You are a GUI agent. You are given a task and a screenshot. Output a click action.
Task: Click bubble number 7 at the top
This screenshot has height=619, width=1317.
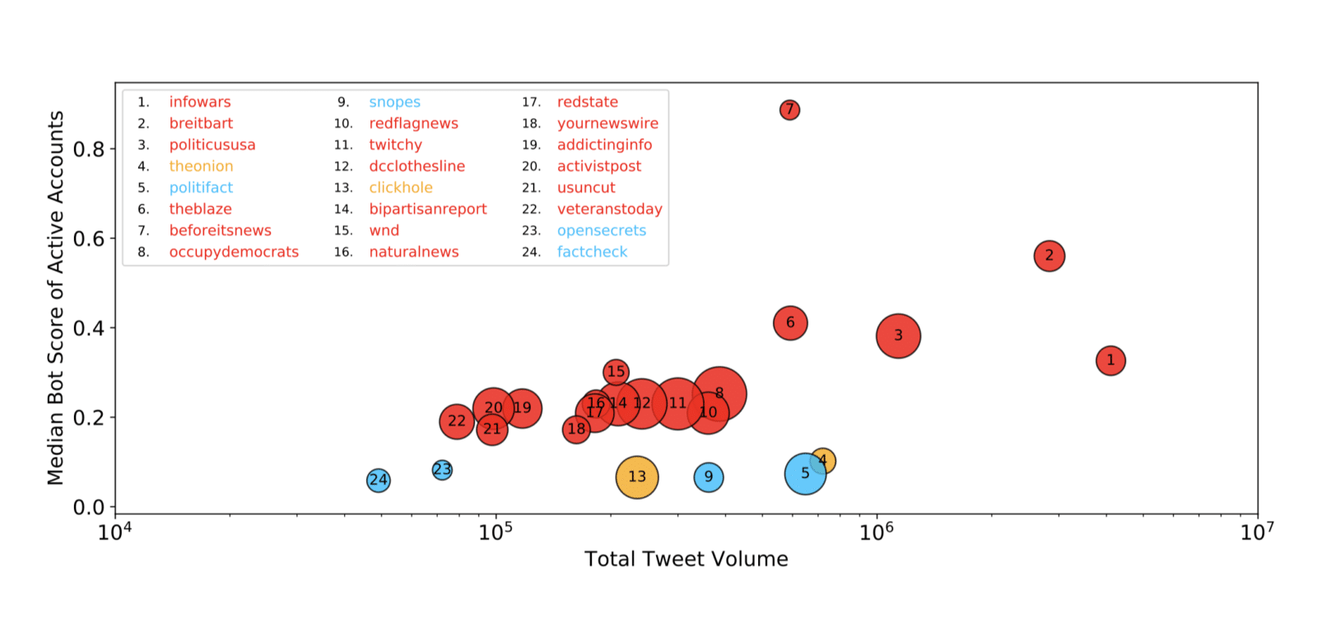click(789, 109)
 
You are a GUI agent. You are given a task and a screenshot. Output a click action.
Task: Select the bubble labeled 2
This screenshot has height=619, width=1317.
click(1049, 256)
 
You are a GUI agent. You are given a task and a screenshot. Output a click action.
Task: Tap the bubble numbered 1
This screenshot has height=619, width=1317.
click(1110, 361)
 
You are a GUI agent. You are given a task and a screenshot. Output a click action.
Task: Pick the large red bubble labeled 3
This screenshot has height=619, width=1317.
click(898, 336)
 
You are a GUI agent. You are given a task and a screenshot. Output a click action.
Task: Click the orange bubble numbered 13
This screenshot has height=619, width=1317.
click(637, 477)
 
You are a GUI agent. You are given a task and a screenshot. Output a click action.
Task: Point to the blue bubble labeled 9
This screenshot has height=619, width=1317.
click(709, 477)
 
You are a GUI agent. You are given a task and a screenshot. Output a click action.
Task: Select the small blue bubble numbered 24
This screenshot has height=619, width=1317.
click(378, 480)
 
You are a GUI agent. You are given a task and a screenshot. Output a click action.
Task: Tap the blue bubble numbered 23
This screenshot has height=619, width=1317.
click(442, 470)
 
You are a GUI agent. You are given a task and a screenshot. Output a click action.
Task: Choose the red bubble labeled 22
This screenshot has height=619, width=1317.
click(456, 421)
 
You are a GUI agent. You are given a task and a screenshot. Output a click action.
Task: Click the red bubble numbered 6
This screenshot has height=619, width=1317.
click(790, 323)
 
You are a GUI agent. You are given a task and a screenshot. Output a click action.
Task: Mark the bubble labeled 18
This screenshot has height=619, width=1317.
click(576, 429)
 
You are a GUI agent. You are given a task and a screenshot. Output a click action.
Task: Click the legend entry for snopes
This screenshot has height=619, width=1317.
click(394, 102)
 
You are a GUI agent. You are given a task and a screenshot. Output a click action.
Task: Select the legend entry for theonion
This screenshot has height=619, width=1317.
click(201, 166)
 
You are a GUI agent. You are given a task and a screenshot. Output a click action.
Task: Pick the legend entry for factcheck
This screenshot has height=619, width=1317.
click(592, 252)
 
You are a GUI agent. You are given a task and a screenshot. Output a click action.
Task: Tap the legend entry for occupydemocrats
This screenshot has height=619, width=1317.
click(234, 252)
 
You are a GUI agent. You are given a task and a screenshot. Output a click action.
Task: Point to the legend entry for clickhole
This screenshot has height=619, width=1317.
click(401, 188)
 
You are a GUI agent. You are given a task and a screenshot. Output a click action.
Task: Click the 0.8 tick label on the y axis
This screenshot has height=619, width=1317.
click(89, 149)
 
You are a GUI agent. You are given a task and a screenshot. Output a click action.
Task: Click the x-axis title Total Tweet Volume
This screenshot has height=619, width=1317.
click(686, 560)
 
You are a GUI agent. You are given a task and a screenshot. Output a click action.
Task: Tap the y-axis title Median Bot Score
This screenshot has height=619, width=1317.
click(55, 298)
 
